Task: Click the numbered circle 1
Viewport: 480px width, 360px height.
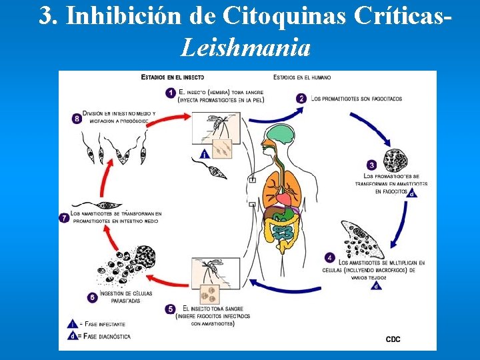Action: click(171, 92)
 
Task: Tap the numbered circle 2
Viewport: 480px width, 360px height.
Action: click(301, 99)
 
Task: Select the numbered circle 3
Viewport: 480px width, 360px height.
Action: click(371, 165)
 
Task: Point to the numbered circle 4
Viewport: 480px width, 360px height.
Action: click(330, 257)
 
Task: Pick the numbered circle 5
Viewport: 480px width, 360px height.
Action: click(171, 309)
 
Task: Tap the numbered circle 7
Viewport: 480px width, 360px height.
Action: click(65, 217)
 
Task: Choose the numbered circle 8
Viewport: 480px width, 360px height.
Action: click(77, 119)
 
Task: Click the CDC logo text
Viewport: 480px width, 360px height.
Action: click(393, 339)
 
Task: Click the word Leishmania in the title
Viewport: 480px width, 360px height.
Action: click(245, 48)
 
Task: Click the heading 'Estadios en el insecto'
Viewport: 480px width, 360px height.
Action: click(173, 77)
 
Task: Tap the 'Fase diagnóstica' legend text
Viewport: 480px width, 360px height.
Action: click(107, 336)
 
